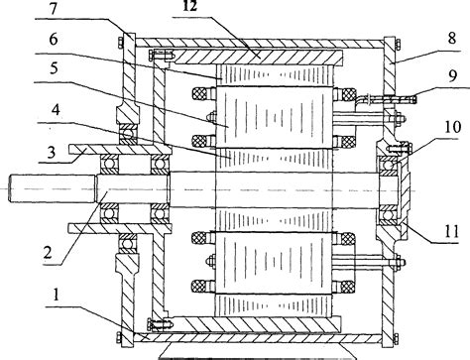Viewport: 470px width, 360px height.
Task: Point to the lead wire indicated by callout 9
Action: pos(386,97)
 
